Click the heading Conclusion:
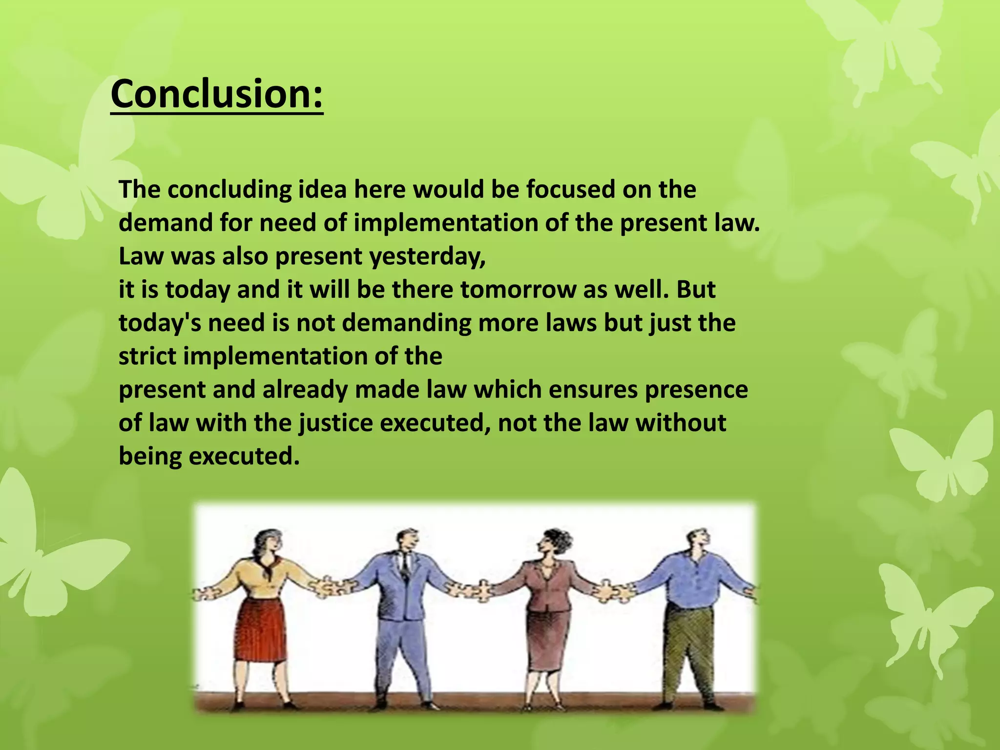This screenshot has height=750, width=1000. tap(217, 94)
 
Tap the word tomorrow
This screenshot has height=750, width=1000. tap(518, 290)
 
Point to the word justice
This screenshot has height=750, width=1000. tap(336, 423)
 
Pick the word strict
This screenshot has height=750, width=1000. tap(147, 356)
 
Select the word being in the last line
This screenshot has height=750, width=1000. tap(150, 457)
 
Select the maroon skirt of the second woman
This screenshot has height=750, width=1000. tap(547, 640)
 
